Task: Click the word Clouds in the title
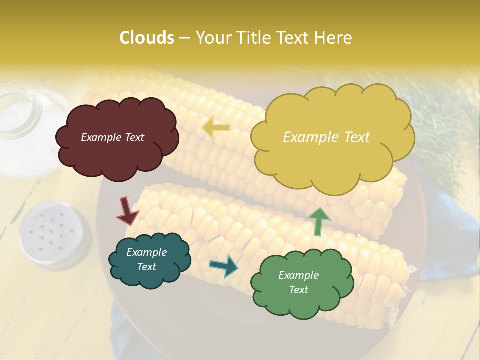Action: [x=147, y=38]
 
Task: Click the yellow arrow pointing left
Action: [x=216, y=127]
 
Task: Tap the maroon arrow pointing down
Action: [x=127, y=211]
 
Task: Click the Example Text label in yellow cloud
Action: [x=326, y=137]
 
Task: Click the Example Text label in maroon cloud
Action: [x=112, y=137]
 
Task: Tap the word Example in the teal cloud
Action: [x=146, y=252]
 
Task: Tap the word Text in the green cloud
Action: [x=298, y=290]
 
